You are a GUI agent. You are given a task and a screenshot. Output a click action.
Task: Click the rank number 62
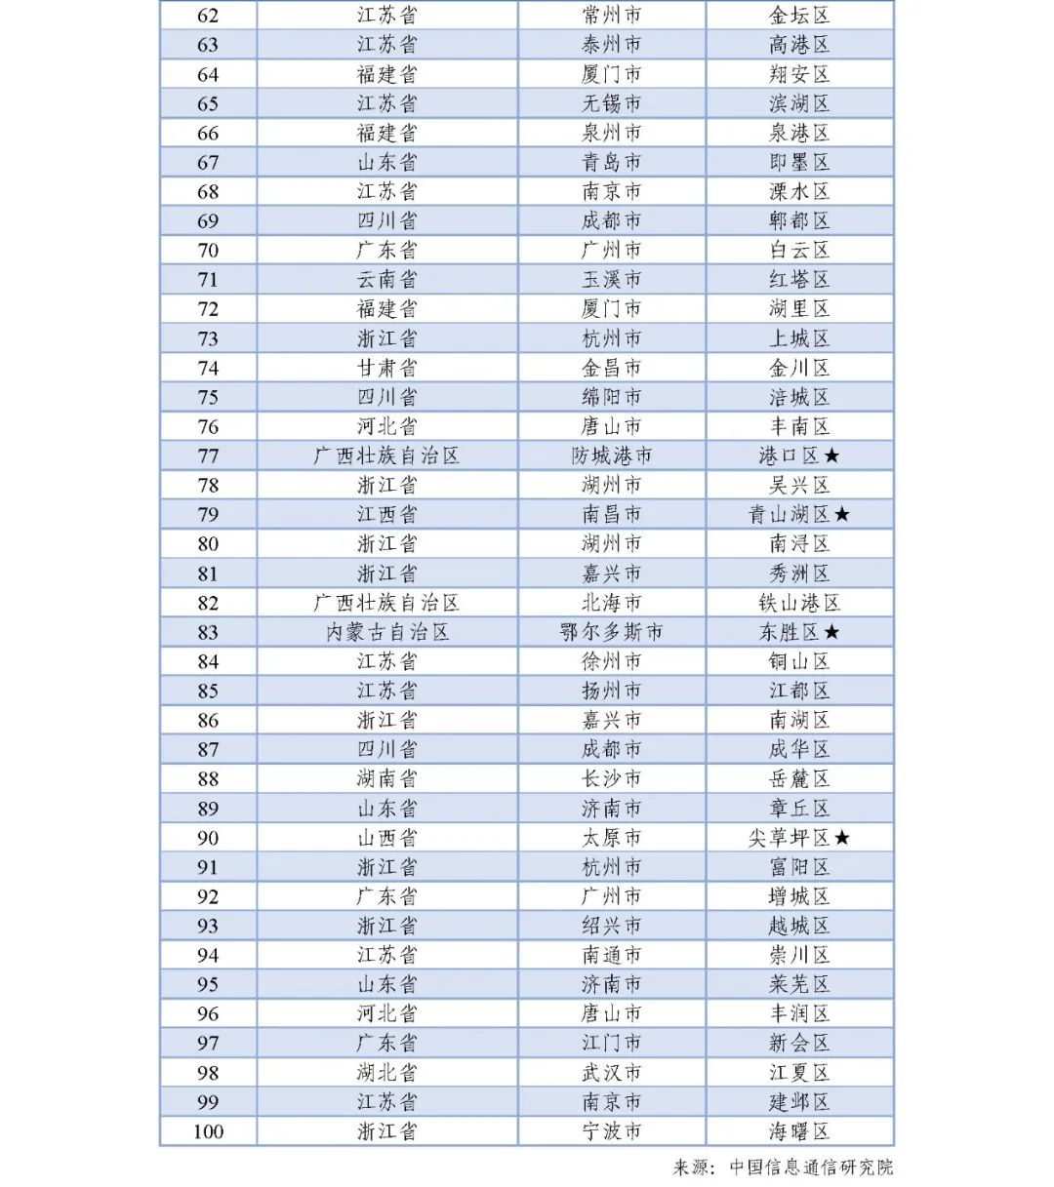tap(208, 16)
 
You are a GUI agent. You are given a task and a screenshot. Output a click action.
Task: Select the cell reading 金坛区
tap(799, 16)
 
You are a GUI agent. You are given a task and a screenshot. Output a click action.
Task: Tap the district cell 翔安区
tap(799, 74)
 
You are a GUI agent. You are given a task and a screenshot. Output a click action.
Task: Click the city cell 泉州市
tap(612, 133)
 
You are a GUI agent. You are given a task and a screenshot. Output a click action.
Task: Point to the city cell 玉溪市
tap(612, 280)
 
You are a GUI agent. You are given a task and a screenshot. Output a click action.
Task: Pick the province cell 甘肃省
tap(386, 368)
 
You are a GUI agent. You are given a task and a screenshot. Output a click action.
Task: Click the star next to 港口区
tap(831, 455)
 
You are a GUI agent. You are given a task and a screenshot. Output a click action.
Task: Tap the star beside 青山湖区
tap(842, 514)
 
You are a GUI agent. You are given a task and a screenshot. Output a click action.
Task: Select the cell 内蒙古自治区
tap(386, 632)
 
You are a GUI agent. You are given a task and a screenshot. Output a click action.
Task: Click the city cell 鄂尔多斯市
tap(612, 632)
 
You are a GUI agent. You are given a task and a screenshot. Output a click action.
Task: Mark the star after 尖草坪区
tap(842, 838)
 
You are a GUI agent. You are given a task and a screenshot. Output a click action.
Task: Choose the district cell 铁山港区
tap(799, 603)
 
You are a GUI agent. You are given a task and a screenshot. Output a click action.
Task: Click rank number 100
tap(208, 1131)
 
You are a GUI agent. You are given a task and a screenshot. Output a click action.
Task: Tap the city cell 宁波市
tap(612, 1131)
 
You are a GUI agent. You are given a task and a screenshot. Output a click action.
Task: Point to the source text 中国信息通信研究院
tap(811, 1167)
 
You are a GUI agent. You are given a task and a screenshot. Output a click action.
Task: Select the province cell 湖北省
tap(386, 1073)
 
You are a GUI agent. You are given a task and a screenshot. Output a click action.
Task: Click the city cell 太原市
tap(612, 838)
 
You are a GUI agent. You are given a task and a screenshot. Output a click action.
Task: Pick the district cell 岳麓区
tap(799, 779)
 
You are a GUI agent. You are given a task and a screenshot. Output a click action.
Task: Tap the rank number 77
tap(208, 455)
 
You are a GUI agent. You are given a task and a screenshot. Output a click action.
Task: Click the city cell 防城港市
tap(612, 455)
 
